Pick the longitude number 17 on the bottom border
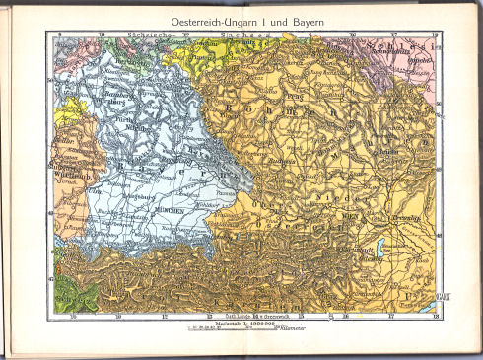click(392, 318)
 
